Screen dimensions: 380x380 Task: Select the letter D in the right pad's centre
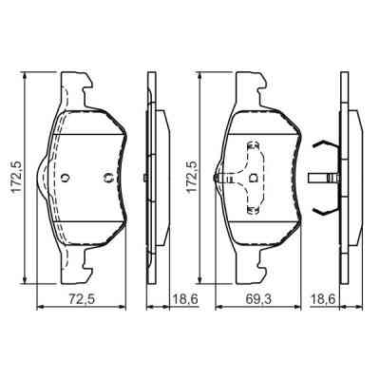pyautogui.click(x=254, y=178)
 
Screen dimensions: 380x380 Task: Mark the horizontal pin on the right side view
pyautogui.click(x=323, y=178)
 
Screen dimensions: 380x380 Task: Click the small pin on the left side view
pyautogui.click(x=140, y=178)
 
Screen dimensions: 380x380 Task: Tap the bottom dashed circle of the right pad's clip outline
pyautogui.click(x=254, y=209)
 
